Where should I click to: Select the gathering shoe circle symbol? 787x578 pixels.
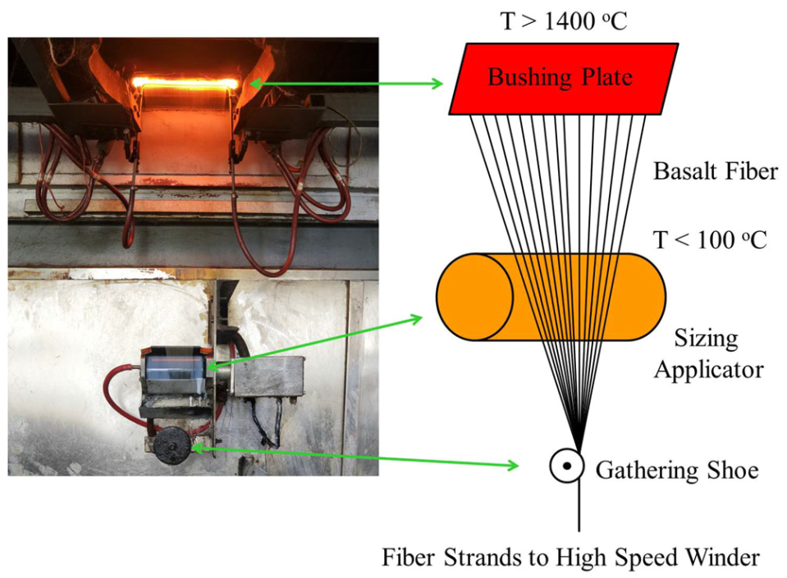pyautogui.click(x=565, y=466)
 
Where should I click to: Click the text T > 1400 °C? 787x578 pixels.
pyautogui.click(x=563, y=20)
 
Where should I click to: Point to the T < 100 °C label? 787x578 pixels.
pyautogui.click(x=710, y=239)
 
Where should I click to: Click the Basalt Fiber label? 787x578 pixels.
pyautogui.click(x=715, y=172)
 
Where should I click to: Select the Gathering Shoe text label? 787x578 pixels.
pyautogui.click(x=676, y=471)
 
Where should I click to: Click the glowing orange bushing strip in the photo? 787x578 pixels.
pyautogui.click(x=186, y=82)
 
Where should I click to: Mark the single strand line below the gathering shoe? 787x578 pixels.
pyautogui.click(x=579, y=508)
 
